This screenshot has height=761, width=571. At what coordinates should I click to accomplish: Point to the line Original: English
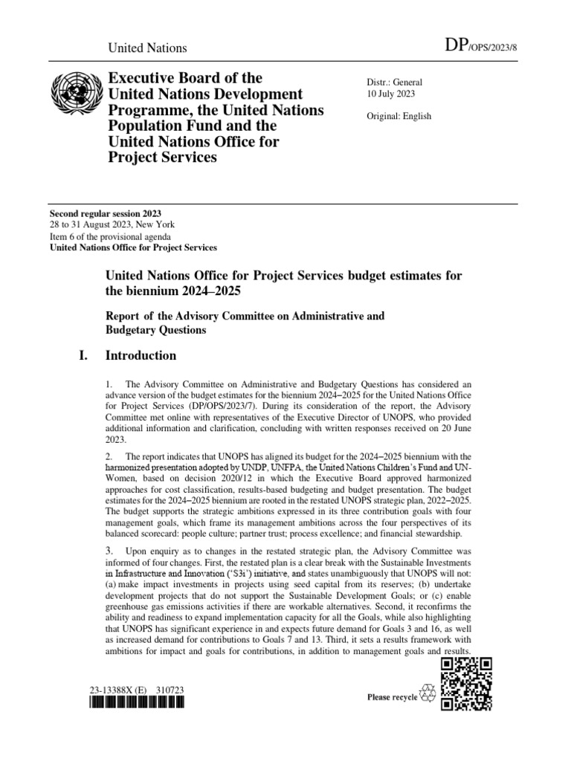399,116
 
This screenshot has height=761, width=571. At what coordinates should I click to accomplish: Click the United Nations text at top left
148,48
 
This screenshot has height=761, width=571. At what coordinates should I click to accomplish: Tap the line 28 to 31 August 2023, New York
113,225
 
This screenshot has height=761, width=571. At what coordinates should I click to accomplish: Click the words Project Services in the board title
163,158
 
